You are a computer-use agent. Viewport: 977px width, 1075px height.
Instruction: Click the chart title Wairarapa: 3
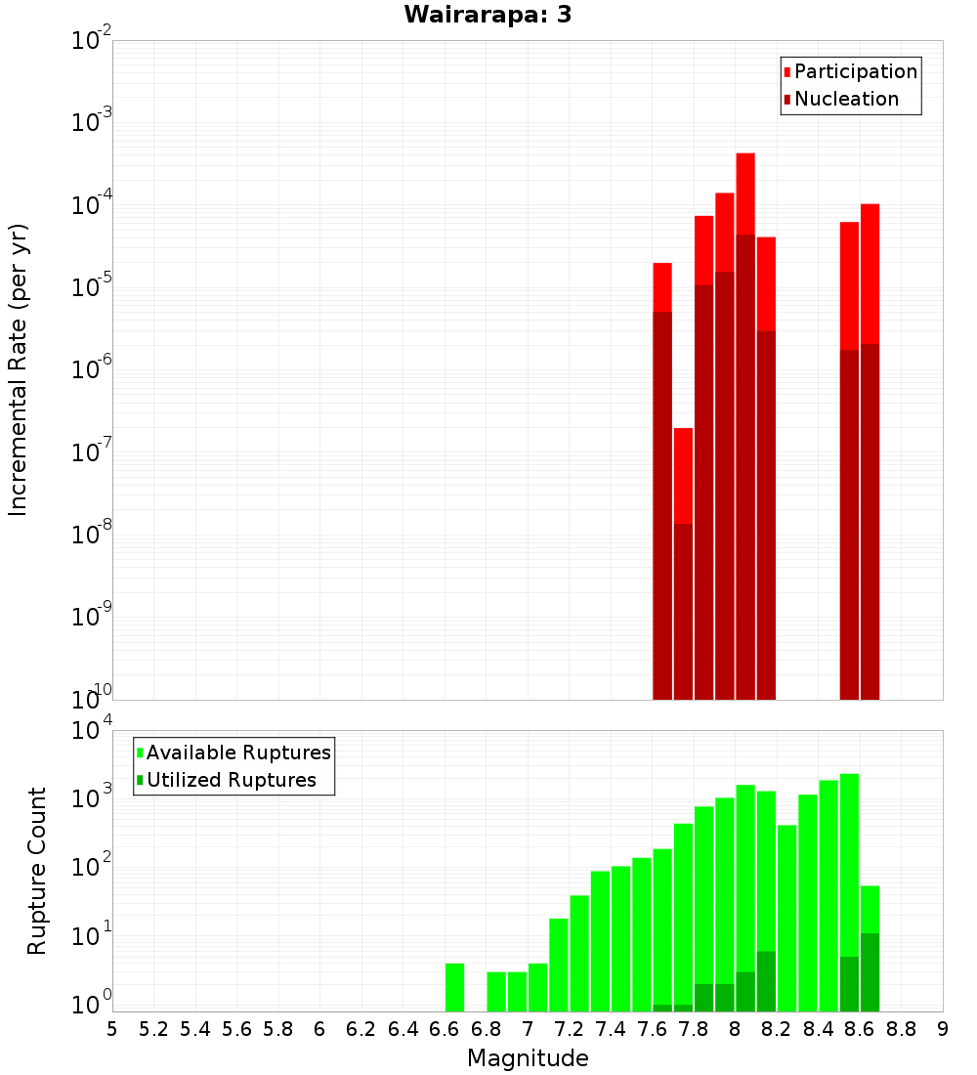click(488, 15)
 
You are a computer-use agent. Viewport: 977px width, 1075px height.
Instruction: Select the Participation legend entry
click(855, 71)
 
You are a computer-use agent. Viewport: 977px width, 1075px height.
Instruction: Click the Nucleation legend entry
click(845, 99)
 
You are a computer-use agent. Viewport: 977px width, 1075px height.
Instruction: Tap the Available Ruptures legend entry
click(237, 752)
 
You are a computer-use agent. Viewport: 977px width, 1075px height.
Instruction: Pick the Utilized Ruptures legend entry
click(231, 780)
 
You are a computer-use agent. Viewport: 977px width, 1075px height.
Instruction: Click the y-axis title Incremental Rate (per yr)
click(19, 369)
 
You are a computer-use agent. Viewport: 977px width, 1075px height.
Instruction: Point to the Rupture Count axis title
click(37, 870)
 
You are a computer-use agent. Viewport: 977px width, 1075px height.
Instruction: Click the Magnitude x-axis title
click(528, 1058)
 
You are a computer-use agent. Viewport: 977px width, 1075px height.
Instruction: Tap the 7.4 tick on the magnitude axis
click(611, 1029)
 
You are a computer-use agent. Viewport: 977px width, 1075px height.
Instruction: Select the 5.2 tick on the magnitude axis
click(154, 1029)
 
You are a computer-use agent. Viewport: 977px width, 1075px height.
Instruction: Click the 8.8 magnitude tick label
click(901, 1029)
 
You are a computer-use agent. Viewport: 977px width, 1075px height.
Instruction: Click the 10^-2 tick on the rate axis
click(91, 41)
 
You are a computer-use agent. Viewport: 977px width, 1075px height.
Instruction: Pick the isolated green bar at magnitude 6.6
click(454, 987)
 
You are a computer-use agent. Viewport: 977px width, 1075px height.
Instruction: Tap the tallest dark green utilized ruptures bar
click(870, 972)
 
